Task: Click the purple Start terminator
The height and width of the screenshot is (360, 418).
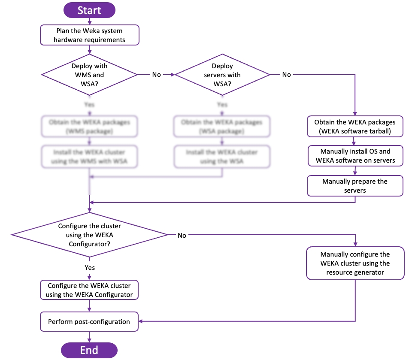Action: point(89,10)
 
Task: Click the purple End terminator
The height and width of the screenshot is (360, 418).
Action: point(89,350)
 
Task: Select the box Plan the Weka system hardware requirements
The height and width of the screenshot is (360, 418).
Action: point(90,35)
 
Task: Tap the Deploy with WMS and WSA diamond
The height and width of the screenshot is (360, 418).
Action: point(89,75)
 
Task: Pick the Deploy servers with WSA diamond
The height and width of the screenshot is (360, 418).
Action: point(222,75)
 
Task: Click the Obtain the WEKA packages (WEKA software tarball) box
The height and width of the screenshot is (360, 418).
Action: point(355,127)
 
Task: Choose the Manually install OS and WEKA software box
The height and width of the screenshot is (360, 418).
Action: point(355,156)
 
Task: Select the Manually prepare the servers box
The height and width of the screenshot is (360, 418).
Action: point(355,186)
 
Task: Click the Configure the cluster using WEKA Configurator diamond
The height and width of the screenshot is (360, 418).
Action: point(89,235)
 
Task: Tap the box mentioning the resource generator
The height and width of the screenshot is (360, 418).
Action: point(355,263)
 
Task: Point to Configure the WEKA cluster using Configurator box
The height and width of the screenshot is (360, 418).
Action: point(90,290)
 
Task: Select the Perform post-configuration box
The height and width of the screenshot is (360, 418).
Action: point(90,321)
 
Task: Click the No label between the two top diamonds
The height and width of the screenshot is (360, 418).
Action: point(156,75)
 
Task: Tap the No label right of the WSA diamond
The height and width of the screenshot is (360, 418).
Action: point(286,75)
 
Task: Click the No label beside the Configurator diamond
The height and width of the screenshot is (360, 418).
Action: point(182,235)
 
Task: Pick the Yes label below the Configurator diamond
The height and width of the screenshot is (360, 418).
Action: point(89,267)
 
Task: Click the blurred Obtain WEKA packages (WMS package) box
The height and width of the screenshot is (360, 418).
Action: point(89,127)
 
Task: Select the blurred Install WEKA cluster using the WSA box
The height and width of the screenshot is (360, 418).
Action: point(222,157)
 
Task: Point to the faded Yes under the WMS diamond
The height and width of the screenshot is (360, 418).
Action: point(89,104)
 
